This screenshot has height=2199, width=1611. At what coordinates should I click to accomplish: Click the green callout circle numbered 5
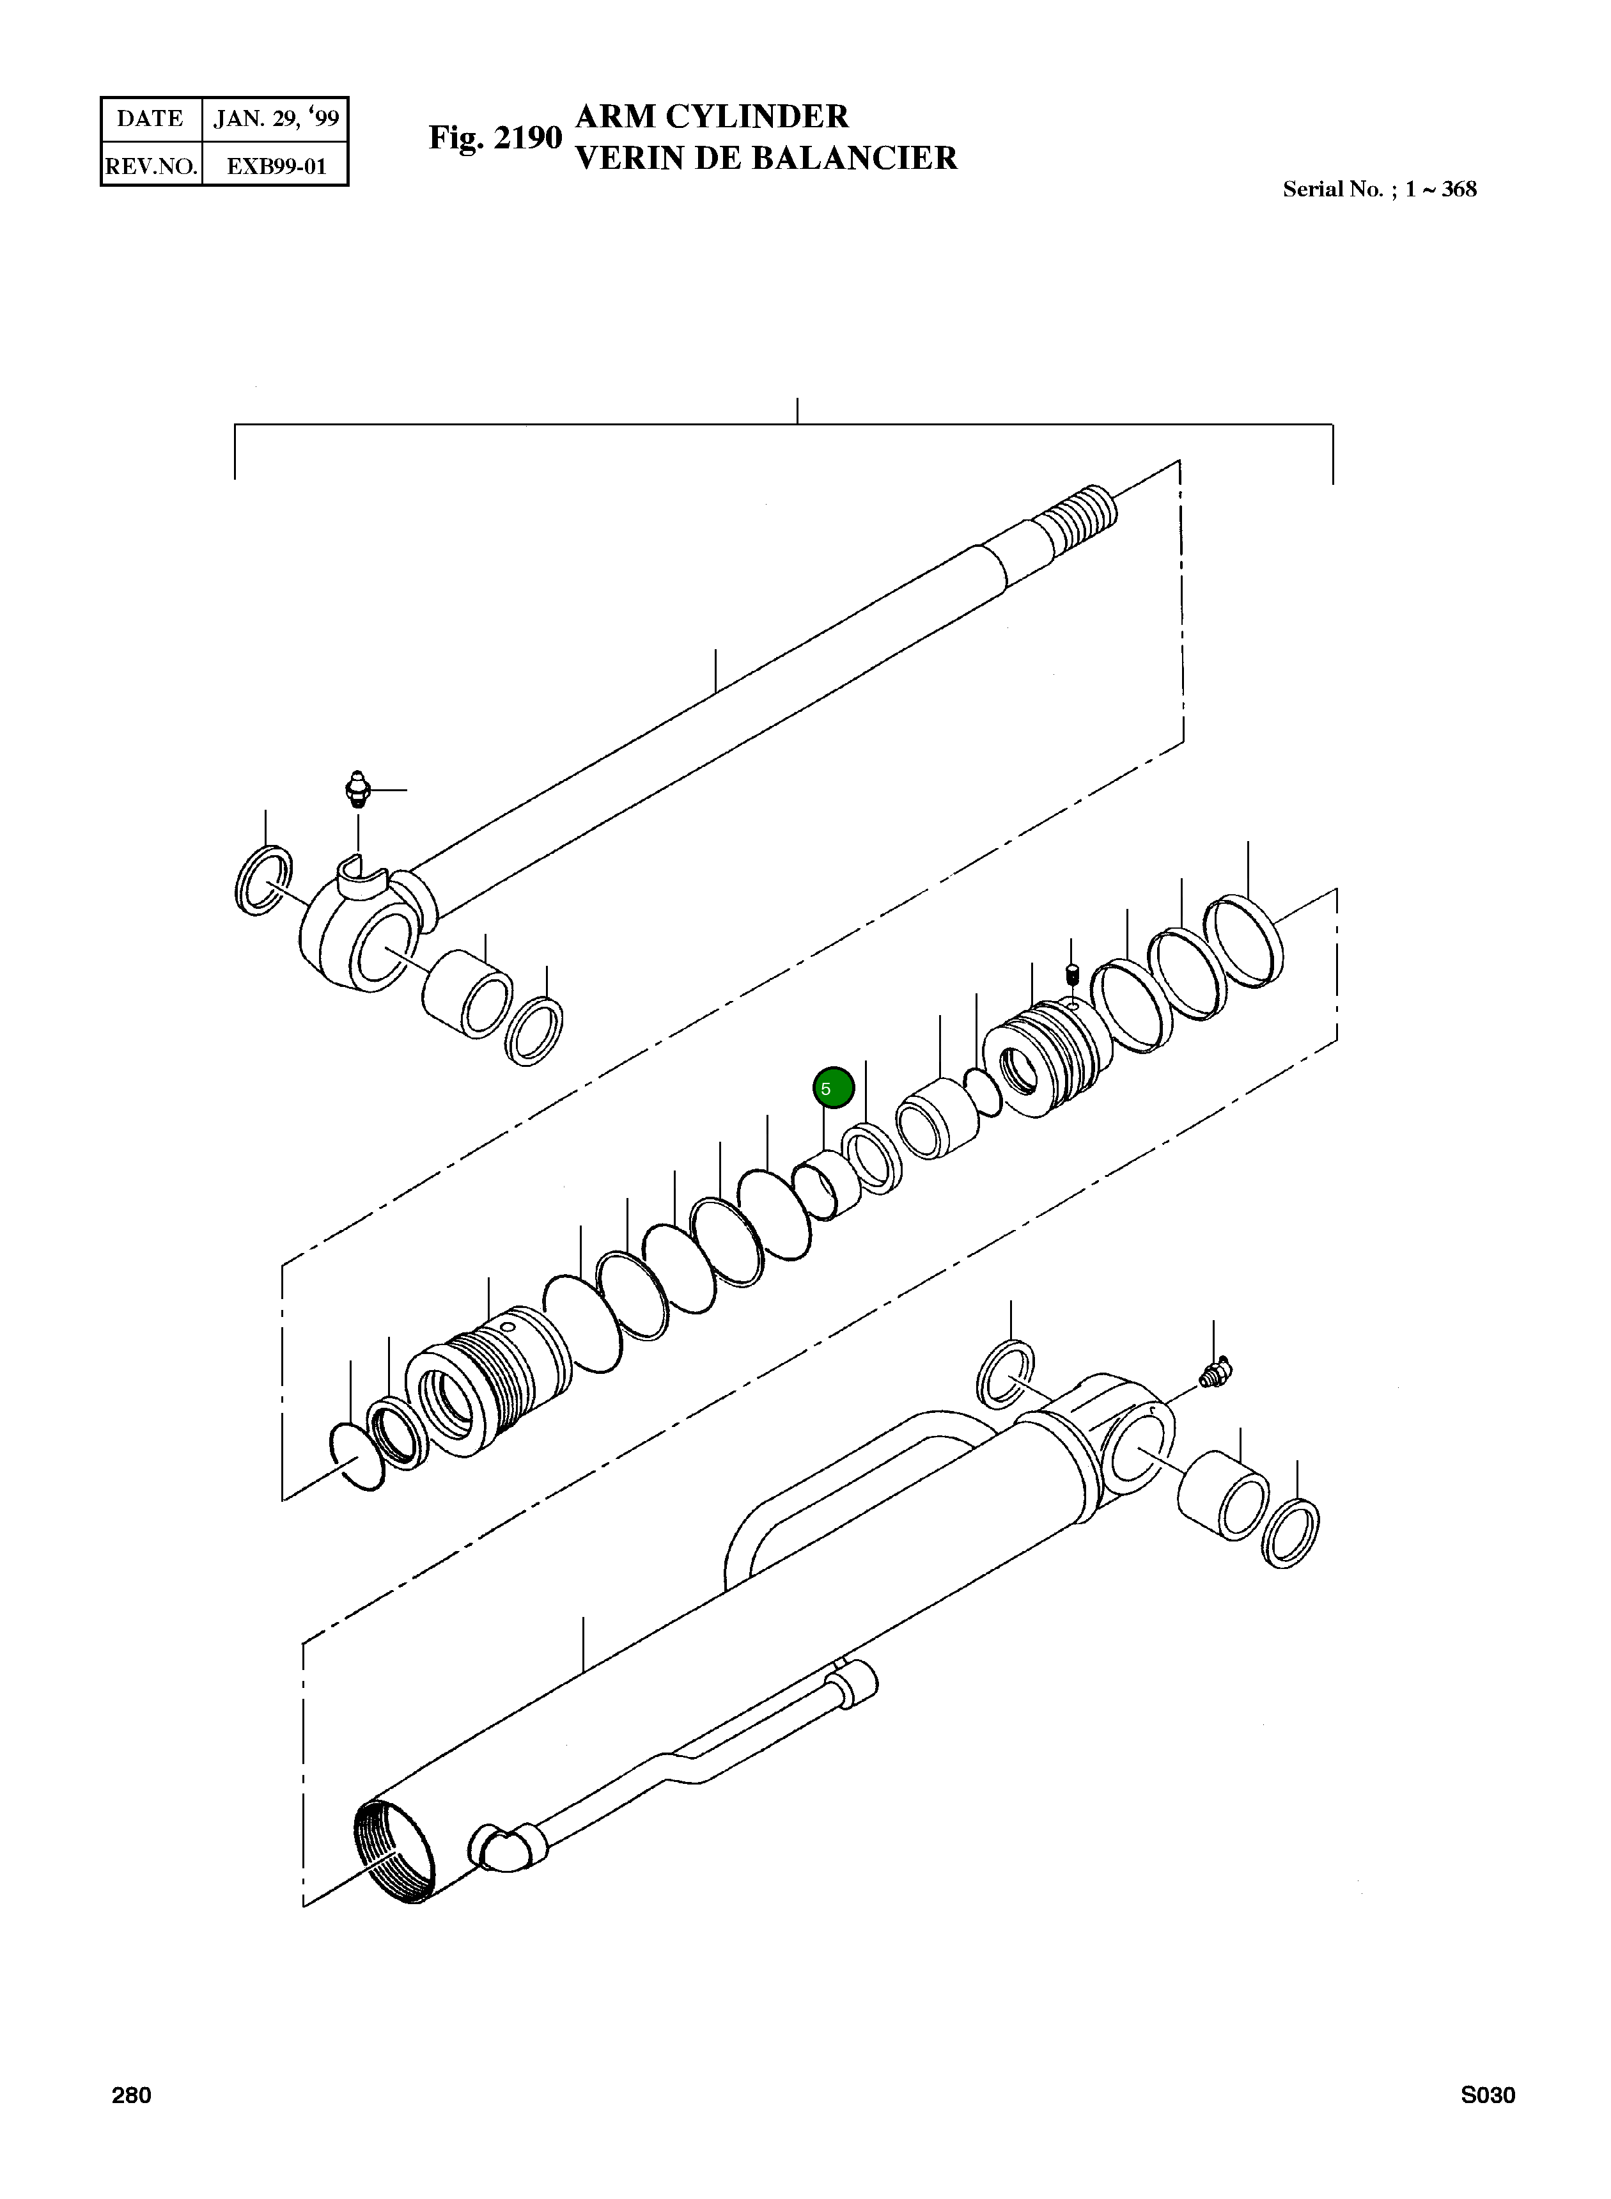tap(834, 1088)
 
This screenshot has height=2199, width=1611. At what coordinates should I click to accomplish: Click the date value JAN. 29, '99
tap(276, 119)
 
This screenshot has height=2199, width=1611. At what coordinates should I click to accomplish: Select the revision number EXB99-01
tap(276, 166)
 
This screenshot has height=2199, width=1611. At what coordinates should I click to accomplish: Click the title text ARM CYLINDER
tap(712, 116)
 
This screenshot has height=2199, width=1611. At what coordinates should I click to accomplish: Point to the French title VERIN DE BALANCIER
tap(767, 158)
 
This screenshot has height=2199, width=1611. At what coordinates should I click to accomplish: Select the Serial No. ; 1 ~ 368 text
tap(1379, 189)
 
